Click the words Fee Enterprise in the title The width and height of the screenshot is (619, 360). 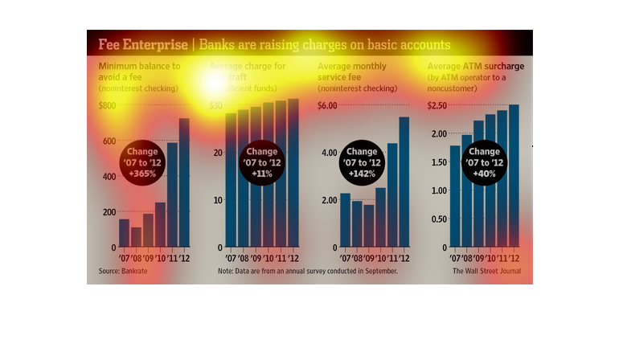tap(140, 43)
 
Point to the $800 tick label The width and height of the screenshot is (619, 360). tap(108, 105)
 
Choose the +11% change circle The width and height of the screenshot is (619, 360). tap(261, 162)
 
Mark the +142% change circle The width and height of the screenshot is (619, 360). tap(361, 162)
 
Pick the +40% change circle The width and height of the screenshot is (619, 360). tap(484, 162)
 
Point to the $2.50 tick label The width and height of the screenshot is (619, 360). tap(437, 105)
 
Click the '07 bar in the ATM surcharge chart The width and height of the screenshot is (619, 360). tap(455, 196)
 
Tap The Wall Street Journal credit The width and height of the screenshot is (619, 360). tap(486, 271)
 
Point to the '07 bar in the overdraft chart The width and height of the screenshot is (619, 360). tap(231, 180)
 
